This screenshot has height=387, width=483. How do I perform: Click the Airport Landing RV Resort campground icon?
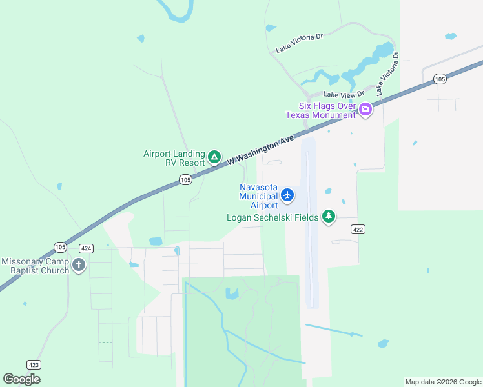point(214,157)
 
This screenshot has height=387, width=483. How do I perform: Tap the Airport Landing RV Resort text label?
point(174,158)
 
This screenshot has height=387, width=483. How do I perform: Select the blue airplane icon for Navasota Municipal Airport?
point(287,195)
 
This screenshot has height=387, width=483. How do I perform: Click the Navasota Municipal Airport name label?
point(258,196)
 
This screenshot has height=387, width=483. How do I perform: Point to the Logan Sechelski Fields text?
point(272,217)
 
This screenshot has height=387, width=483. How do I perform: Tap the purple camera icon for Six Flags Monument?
point(365,109)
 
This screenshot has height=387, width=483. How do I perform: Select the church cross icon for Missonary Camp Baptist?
point(79,264)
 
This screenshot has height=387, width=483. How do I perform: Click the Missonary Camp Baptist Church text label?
point(35,266)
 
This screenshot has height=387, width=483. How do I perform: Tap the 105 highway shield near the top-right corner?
point(440,79)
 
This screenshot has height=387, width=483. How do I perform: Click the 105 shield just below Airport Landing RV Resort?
point(186,180)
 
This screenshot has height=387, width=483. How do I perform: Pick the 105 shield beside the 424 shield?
point(61,247)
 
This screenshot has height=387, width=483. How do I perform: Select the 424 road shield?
point(87,248)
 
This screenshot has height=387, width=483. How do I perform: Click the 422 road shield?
point(358,229)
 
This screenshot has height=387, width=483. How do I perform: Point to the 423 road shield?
point(34,364)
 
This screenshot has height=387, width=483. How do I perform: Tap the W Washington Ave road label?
point(260,150)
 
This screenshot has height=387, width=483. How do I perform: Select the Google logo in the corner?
point(21,379)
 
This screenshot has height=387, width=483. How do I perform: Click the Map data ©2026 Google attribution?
point(443,382)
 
